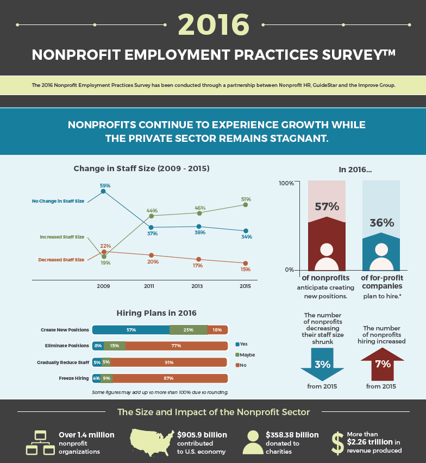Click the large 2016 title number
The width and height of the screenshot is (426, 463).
click(213, 24)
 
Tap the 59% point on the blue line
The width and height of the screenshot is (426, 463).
click(103, 191)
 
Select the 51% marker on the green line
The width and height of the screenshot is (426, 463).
click(246, 205)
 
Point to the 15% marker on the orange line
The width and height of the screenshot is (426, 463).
click(246, 263)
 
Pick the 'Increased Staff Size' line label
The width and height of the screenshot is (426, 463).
click(62, 237)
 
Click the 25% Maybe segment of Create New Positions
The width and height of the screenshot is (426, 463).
click(188, 330)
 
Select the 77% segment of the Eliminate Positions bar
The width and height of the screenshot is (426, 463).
click(176, 346)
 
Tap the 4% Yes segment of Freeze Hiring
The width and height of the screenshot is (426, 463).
click(96, 378)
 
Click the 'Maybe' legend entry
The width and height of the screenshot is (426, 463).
click(245, 355)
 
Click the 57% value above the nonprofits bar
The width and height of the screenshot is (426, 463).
click(327, 207)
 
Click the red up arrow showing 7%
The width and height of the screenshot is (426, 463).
click(383, 363)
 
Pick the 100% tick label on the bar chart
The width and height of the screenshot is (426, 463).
click(286, 183)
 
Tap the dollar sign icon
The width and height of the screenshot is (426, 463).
click(337, 442)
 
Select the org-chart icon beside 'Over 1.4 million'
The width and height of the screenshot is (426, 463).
click(40, 442)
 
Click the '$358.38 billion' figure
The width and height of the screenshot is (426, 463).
click(292, 435)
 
